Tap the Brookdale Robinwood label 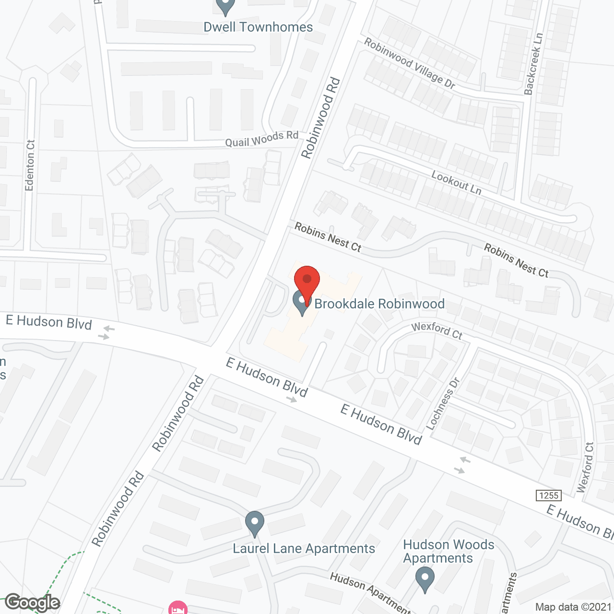click(x=379, y=304)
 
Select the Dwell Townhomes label click(x=258, y=27)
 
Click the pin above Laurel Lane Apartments click(x=255, y=523)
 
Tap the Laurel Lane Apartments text click(x=304, y=548)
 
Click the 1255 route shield click(x=549, y=496)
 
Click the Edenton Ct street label click(x=30, y=165)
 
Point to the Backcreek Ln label click(x=533, y=64)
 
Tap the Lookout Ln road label click(x=456, y=183)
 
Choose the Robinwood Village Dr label click(x=409, y=63)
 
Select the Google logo click(x=32, y=602)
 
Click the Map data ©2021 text click(x=573, y=607)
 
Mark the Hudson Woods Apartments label click(x=448, y=551)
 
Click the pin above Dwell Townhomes click(x=225, y=6)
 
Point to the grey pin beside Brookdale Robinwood click(x=302, y=302)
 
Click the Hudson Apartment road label click(x=369, y=593)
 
